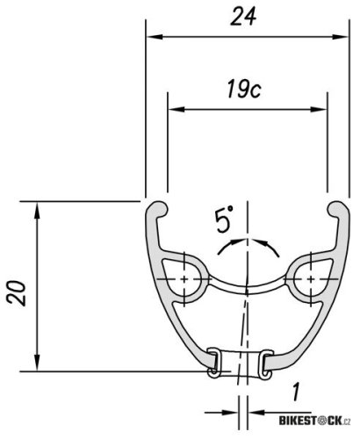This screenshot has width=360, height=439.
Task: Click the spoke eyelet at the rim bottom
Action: (x=239, y=363)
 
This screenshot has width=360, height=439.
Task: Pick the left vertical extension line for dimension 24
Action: (x=146, y=105)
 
